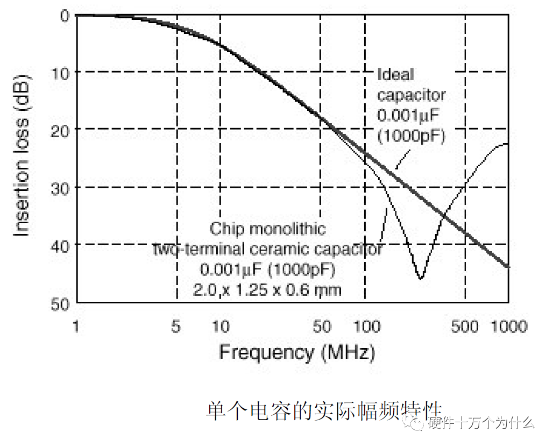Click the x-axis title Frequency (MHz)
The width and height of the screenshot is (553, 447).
296,353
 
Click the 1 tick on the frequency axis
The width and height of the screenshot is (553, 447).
76,327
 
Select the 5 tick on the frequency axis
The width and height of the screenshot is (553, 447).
176,327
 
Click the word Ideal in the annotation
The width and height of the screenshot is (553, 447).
395,74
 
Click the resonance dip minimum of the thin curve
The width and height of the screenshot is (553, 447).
421,279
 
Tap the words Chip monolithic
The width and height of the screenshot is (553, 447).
267,229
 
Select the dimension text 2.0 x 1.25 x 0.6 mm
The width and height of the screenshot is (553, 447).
267,290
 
